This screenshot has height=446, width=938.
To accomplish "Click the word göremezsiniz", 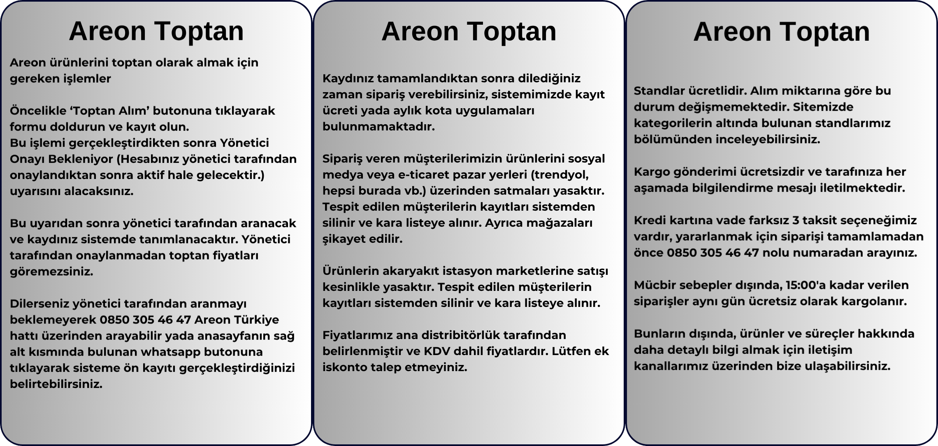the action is pyautogui.click(x=51, y=272).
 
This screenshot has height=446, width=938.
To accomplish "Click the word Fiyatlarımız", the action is pyautogui.click(x=358, y=335).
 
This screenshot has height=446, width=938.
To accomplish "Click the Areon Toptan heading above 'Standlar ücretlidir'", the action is pyautogui.click(x=781, y=31).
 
